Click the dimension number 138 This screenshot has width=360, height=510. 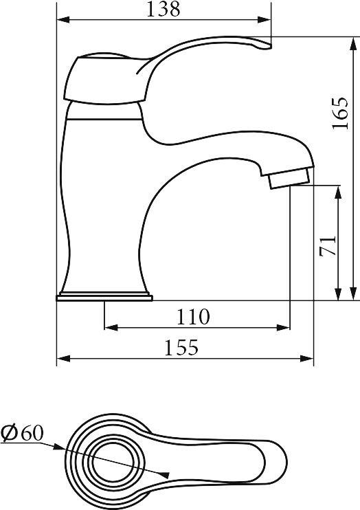[x=164, y=9]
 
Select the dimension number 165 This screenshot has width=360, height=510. [x=340, y=113]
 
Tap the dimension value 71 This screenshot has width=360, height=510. [x=328, y=246]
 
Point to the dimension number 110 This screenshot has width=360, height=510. [x=193, y=316]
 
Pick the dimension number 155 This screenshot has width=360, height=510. [x=181, y=347]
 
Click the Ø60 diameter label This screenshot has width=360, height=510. [x=22, y=433]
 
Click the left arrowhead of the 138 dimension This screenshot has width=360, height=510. [x=63, y=20]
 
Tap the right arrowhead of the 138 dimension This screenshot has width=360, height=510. [x=264, y=20]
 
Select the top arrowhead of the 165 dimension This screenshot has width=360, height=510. [x=352, y=43]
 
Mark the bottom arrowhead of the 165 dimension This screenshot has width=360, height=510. [x=352, y=293]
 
